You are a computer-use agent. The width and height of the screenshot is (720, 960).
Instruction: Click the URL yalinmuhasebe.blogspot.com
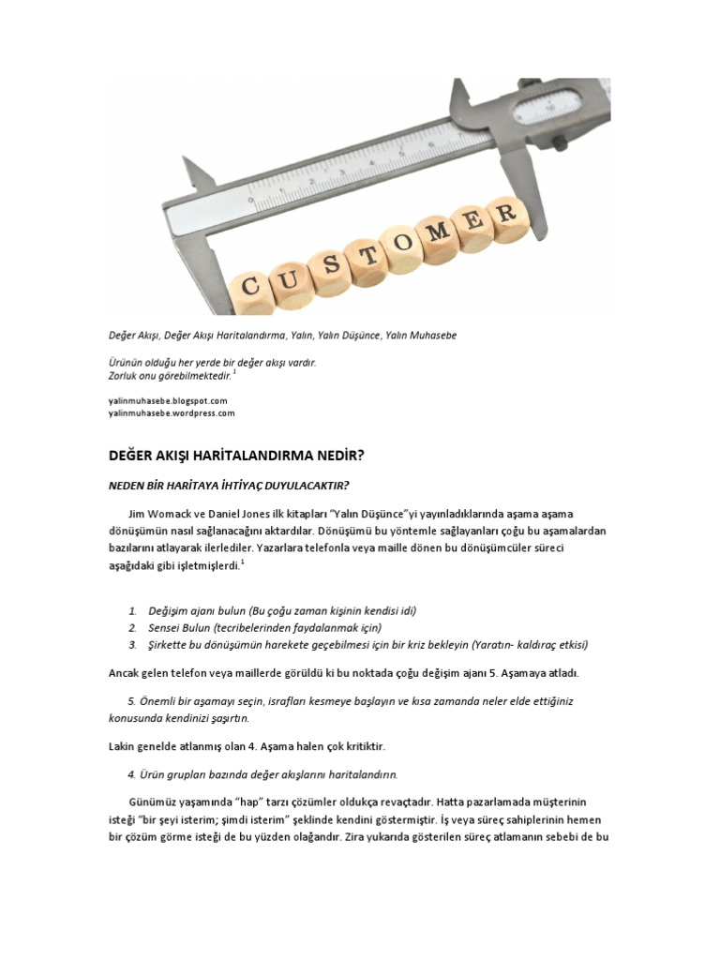168,400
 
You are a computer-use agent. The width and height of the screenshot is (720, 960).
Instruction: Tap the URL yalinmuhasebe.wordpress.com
172,412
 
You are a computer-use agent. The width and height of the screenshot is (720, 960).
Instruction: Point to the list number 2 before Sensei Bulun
133,627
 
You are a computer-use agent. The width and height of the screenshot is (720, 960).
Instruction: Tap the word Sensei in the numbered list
165,627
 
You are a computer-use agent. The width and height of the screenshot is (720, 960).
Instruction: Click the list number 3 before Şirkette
133,645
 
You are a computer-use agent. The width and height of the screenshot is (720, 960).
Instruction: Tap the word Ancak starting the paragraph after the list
125,673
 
